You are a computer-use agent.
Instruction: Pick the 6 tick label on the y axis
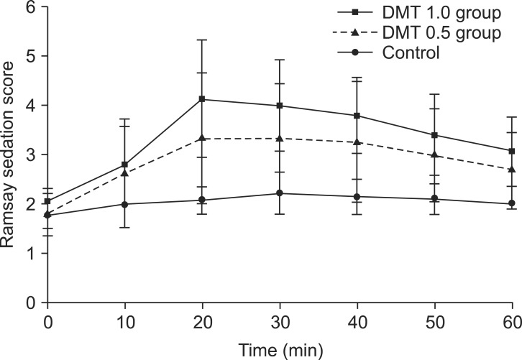(31, 6)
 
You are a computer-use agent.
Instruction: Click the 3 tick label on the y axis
(31, 154)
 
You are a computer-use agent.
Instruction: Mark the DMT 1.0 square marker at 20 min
(202, 99)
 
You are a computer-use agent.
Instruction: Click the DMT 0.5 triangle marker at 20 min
(202, 138)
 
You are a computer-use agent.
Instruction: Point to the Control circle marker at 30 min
(280, 193)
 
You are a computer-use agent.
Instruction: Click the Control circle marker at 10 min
(125, 204)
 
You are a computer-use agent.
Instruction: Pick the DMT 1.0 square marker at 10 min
(125, 165)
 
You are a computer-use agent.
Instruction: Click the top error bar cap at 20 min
(202, 40)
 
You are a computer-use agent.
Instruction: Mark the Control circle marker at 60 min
(512, 203)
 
